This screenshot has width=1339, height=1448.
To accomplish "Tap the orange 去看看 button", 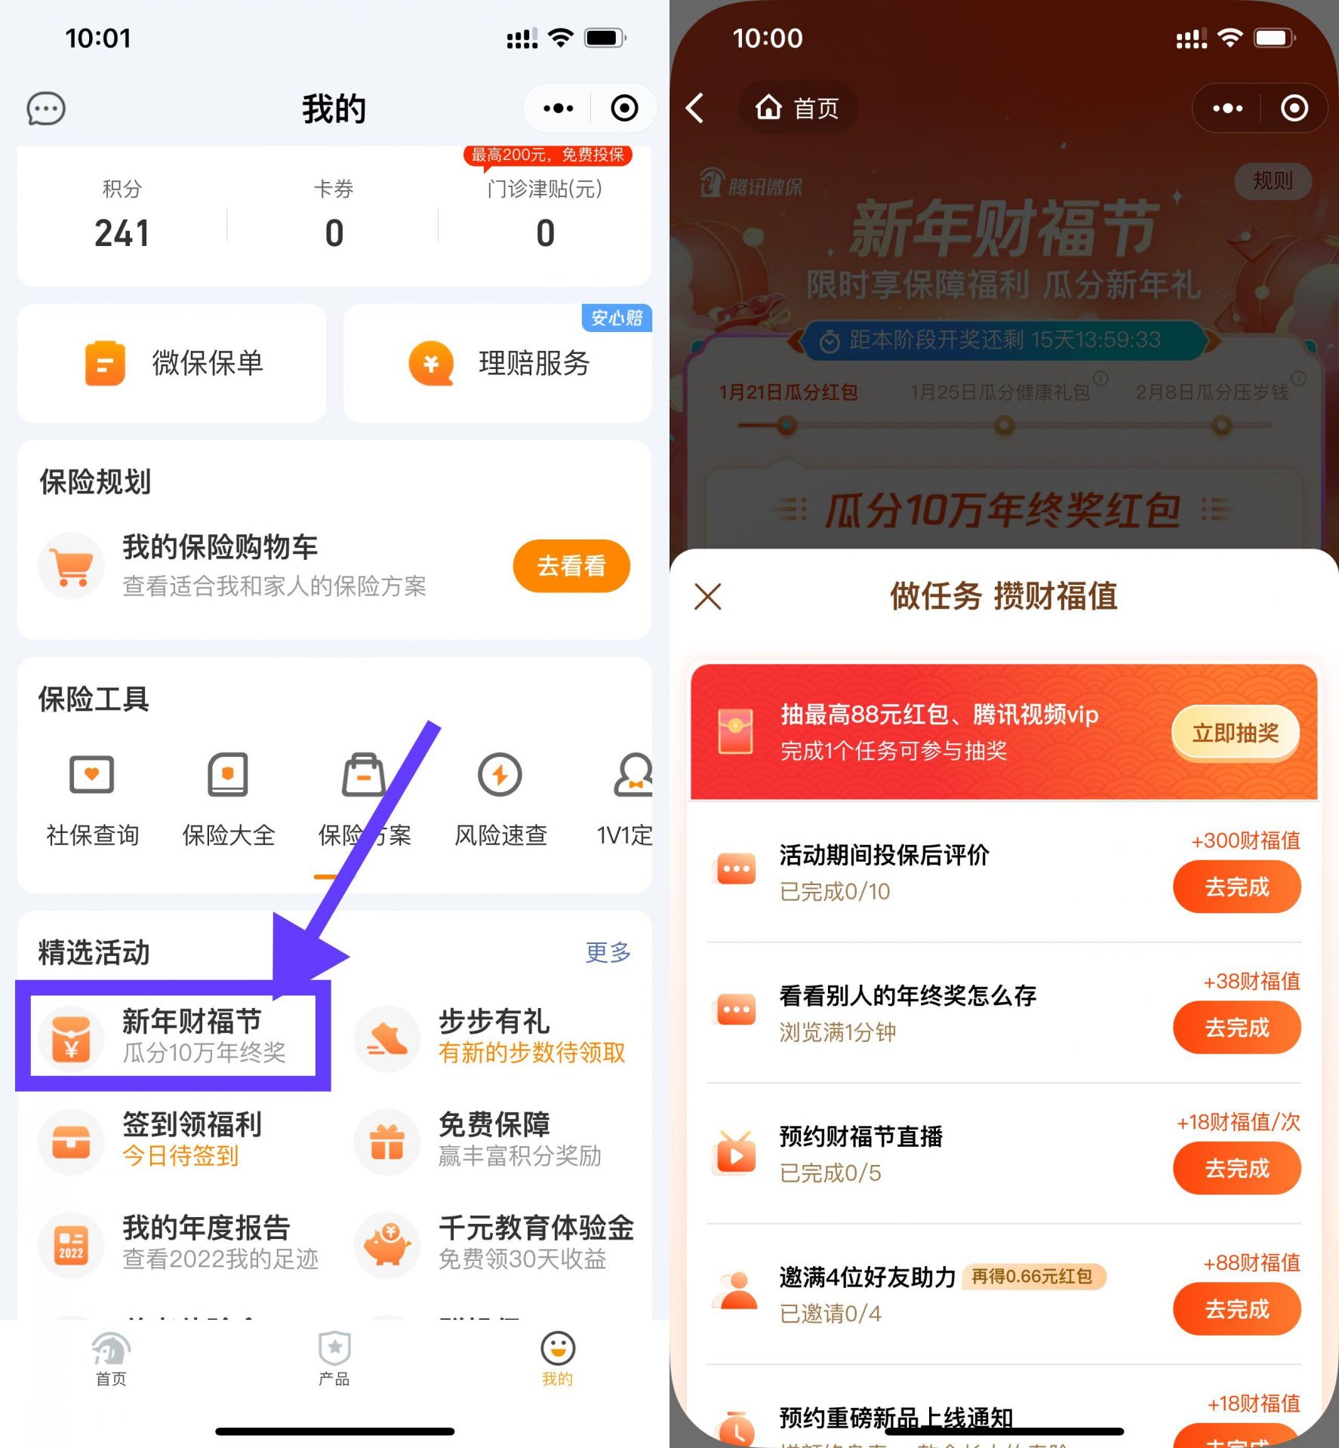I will [571, 566].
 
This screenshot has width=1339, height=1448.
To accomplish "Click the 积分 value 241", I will [122, 233].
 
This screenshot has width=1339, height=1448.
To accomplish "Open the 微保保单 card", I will [172, 363].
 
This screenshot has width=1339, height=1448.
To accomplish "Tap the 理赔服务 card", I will [497, 363].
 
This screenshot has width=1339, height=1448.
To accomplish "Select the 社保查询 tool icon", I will [92, 775].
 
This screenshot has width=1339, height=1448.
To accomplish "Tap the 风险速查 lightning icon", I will [500, 775].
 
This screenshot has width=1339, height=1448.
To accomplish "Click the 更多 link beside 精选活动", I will [608, 952].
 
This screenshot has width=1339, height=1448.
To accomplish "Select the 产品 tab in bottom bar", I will [334, 1359].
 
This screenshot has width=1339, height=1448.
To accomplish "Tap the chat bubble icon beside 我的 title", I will [46, 109].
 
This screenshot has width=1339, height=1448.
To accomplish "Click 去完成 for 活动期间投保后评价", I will [1236, 887].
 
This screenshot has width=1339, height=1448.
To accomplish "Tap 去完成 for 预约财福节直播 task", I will [1236, 1168].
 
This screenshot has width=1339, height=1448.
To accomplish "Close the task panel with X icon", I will [708, 596].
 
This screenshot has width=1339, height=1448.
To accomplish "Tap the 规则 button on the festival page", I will [1273, 181].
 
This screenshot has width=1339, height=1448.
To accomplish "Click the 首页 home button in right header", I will [798, 108].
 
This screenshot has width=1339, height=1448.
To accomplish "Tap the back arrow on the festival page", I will [695, 108].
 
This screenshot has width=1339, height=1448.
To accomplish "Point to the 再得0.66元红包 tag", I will [1032, 1276].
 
